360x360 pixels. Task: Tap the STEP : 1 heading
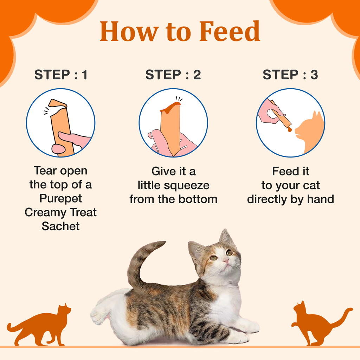(61, 75)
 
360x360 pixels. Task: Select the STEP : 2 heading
(173, 75)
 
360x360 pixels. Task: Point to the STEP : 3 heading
(290, 75)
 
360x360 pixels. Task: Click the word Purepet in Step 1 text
(60, 198)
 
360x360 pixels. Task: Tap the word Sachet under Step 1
(60, 226)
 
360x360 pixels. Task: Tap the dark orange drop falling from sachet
(290, 129)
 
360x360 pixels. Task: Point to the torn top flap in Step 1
(57, 104)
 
